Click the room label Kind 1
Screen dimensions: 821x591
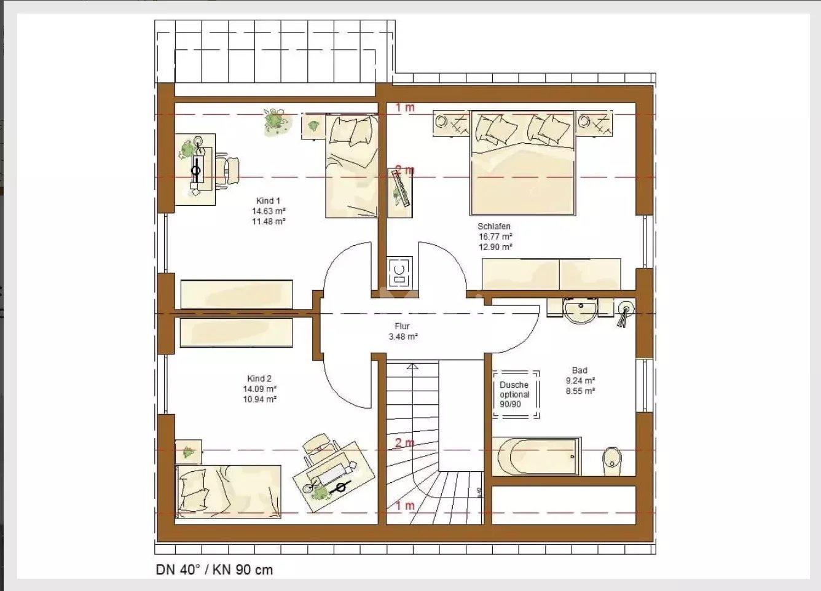click(x=268, y=201)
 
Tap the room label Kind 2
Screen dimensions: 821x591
click(x=259, y=378)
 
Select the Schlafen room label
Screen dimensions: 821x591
click(x=493, y=226)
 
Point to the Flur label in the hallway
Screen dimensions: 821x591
click(x=402, y=326)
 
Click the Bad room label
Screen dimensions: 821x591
click(x=579, y=370)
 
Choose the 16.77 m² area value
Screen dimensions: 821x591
click(x=495, y=237)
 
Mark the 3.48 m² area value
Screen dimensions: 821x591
click(x=403, y=336)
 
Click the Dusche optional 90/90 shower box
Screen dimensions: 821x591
click(x=516, y=394)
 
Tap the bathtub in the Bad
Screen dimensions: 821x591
click(x=536, y=456)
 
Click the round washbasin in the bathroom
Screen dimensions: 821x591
click(x=580, y=311)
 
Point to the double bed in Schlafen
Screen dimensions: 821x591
click(x=523, y=163)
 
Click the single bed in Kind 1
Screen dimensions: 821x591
click(x=352, y=166)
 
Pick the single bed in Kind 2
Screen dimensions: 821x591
click(x=228, y=491)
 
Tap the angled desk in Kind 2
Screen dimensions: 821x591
click(x=334, y=477)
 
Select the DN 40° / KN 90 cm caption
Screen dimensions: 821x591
click(x=214, y=569)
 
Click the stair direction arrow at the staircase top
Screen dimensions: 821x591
click(x=412, y=366)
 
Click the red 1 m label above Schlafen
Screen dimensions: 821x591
click(x=404, y=108)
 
